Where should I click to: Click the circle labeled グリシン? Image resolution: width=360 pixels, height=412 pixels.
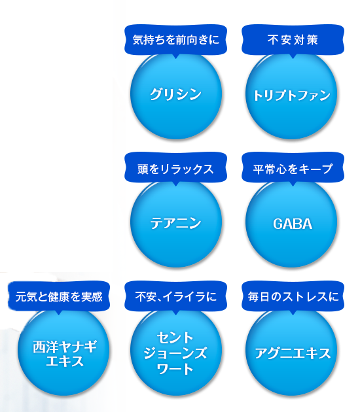[175, 95]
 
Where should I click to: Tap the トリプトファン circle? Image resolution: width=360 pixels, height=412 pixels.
[292, 95]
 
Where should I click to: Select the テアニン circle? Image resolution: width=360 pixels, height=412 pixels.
[175, 224]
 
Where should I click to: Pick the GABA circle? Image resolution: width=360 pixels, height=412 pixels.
[292, 224]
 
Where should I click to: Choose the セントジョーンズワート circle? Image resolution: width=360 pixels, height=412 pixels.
[175, 354]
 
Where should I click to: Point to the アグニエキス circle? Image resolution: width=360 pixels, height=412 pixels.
[292, 354]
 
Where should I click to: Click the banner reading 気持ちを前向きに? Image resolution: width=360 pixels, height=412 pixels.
[175, 40]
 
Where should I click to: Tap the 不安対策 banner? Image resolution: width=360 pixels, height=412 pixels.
[293, 40]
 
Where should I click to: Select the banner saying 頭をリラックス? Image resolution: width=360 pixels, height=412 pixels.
[175, 169]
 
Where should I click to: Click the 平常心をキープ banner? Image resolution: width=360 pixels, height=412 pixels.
[293, 169]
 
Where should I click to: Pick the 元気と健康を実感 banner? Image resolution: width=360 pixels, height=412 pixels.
[59, 296]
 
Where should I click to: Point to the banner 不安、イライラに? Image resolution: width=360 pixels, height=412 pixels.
[175, 296]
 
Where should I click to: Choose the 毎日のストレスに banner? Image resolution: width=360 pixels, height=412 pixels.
[293, 296]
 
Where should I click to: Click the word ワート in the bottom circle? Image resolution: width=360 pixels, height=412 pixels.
[175, 369]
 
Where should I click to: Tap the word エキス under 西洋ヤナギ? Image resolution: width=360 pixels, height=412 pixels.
[65, 361]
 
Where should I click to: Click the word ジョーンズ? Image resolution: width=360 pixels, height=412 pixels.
[175, 354]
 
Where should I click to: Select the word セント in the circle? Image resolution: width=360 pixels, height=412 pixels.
[175, 338]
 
